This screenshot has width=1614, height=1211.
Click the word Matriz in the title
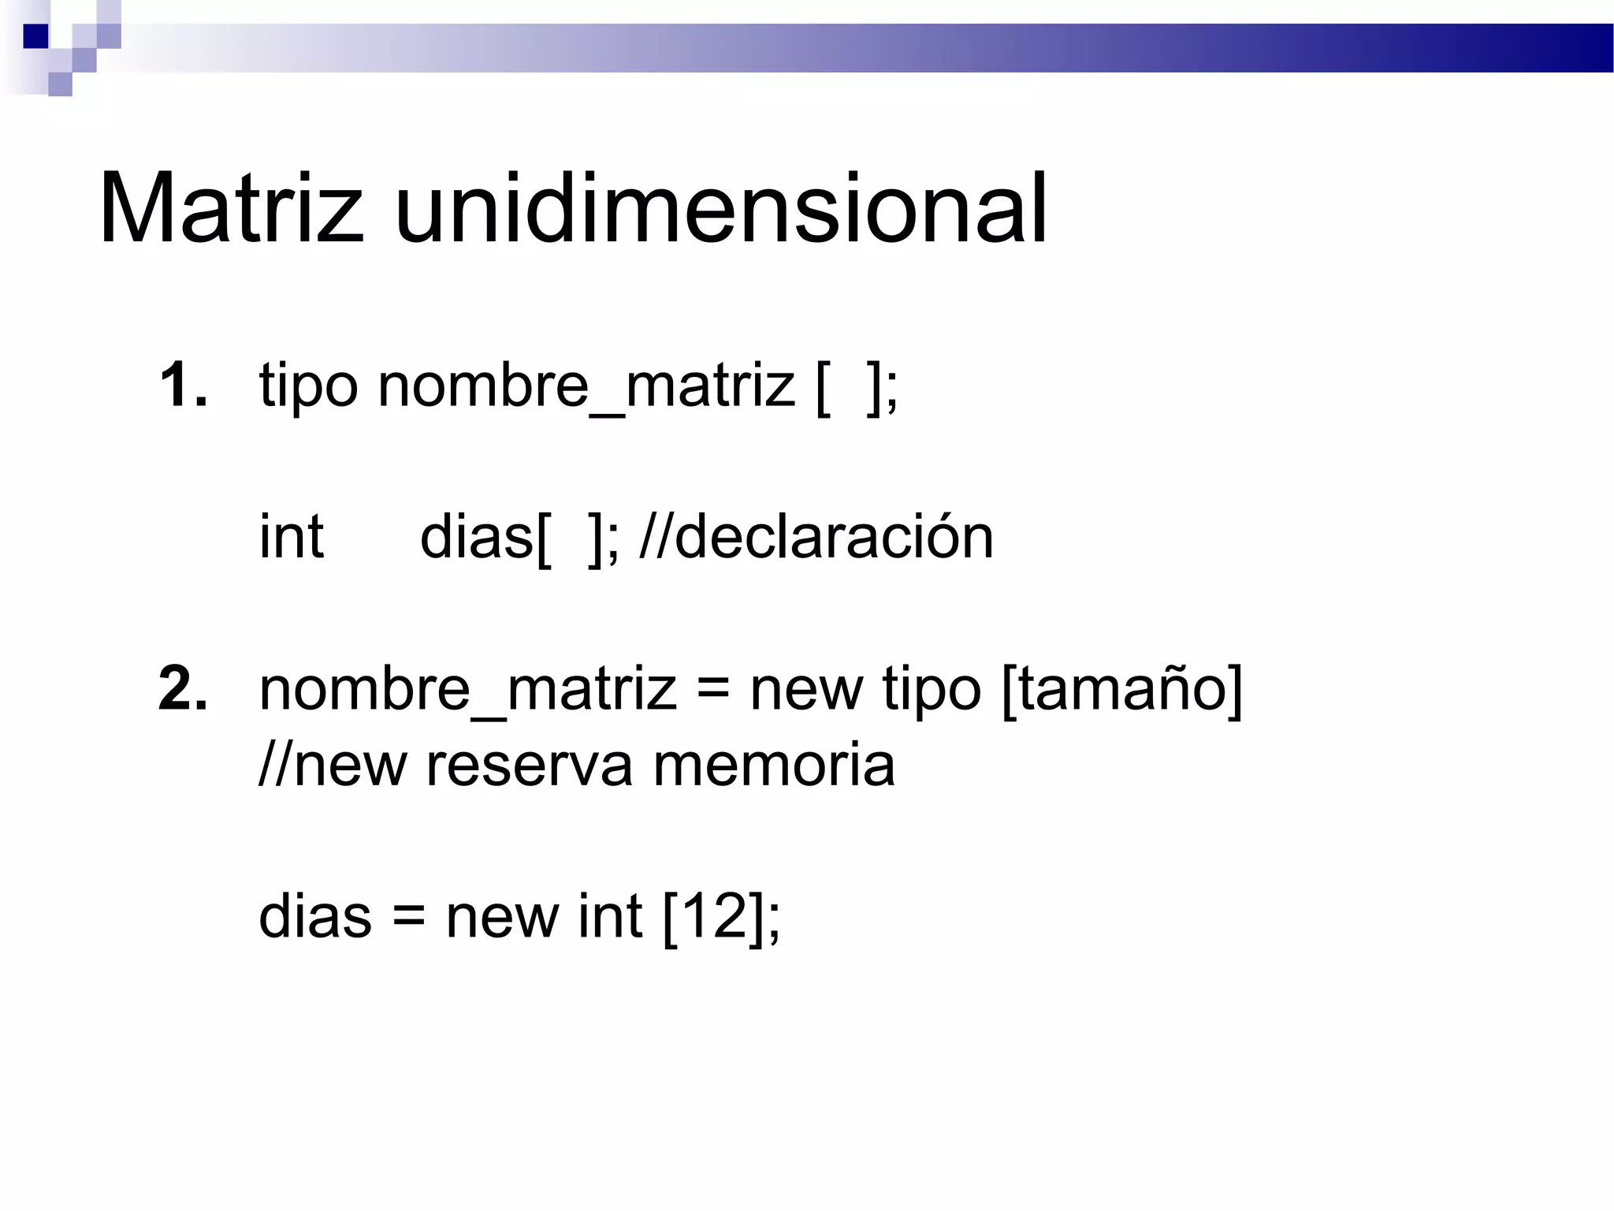[231, 209]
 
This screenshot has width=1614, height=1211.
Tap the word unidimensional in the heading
[721, 209]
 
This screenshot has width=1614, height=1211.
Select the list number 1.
[183, 386]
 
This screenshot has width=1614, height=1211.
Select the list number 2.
[183, 689]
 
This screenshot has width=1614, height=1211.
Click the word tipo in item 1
[308, 386]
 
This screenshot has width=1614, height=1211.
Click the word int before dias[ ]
[291, 537]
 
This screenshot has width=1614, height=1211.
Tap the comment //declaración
[816, 537]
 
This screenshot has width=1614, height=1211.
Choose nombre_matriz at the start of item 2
[467, 689]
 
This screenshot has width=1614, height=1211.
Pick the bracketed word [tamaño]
[1121, 689]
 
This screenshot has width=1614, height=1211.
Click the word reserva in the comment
[529, 765]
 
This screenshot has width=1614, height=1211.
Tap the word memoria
[774, 765]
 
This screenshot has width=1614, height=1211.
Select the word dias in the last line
[314, 916]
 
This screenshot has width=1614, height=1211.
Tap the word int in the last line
[609, 916]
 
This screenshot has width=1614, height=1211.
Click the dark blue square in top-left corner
[35, 36]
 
